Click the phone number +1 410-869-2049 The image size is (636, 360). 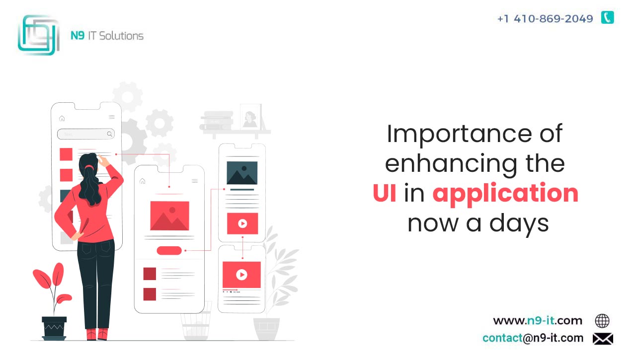545,19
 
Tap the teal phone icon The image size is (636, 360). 608,17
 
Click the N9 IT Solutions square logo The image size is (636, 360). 39,35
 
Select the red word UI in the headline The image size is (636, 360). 385,193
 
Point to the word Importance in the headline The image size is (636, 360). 459,135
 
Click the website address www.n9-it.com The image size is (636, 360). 538,321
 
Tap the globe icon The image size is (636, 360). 602,321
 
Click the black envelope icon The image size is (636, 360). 603,339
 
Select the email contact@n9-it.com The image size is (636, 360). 533,338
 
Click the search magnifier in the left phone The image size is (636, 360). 110,134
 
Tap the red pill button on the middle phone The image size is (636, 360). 169,250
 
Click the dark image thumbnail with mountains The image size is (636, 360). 242,173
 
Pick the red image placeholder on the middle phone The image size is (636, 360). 169,216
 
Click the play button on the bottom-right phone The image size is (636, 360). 241,275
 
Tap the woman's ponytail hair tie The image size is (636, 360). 89,167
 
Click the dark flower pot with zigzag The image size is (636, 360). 54,328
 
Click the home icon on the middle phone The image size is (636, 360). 143,181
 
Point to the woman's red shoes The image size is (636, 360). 97,334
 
